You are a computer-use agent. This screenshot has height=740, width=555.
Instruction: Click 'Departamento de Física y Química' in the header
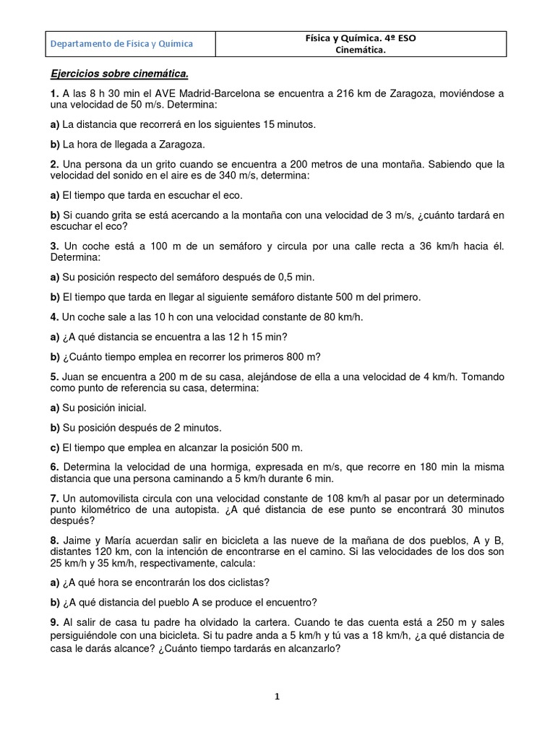[x=121, y=44]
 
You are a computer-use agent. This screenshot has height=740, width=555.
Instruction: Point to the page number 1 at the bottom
[x=277, y=697]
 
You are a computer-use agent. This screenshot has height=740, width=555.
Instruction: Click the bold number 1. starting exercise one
[x=54, y=93]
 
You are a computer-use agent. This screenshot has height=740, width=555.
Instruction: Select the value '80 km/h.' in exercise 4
[x=340, y=317]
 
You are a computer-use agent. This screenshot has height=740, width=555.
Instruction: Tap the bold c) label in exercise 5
[x=55, y=447]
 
